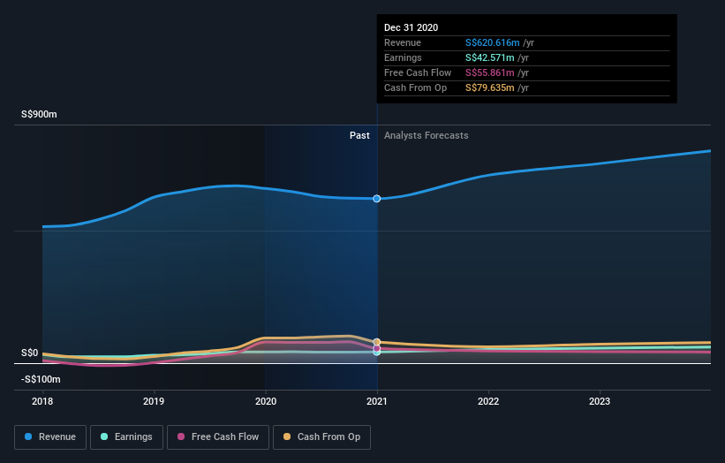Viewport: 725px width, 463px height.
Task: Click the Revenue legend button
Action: click(50, 436)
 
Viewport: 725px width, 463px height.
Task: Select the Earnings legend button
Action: click(126, 436)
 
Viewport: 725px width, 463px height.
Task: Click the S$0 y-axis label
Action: click(30, 353)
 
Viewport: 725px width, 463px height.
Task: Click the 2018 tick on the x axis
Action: click(42, 400)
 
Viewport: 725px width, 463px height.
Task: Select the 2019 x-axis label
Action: click(154, 400)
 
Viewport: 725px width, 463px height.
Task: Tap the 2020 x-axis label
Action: click(265, 400)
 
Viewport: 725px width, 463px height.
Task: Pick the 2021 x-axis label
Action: click(377, 400)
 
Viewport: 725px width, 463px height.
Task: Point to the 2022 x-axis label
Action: click(488, 400)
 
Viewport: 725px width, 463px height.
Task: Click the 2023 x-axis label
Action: click(600, 400)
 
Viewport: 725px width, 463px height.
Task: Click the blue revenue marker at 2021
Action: click(377, 199)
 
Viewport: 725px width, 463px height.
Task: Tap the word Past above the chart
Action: click(359, 135)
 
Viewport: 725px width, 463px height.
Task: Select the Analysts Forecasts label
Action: click(426, 135)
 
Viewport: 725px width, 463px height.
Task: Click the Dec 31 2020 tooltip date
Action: click(411, 27)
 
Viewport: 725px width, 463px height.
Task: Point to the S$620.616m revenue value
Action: click(492, 42)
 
